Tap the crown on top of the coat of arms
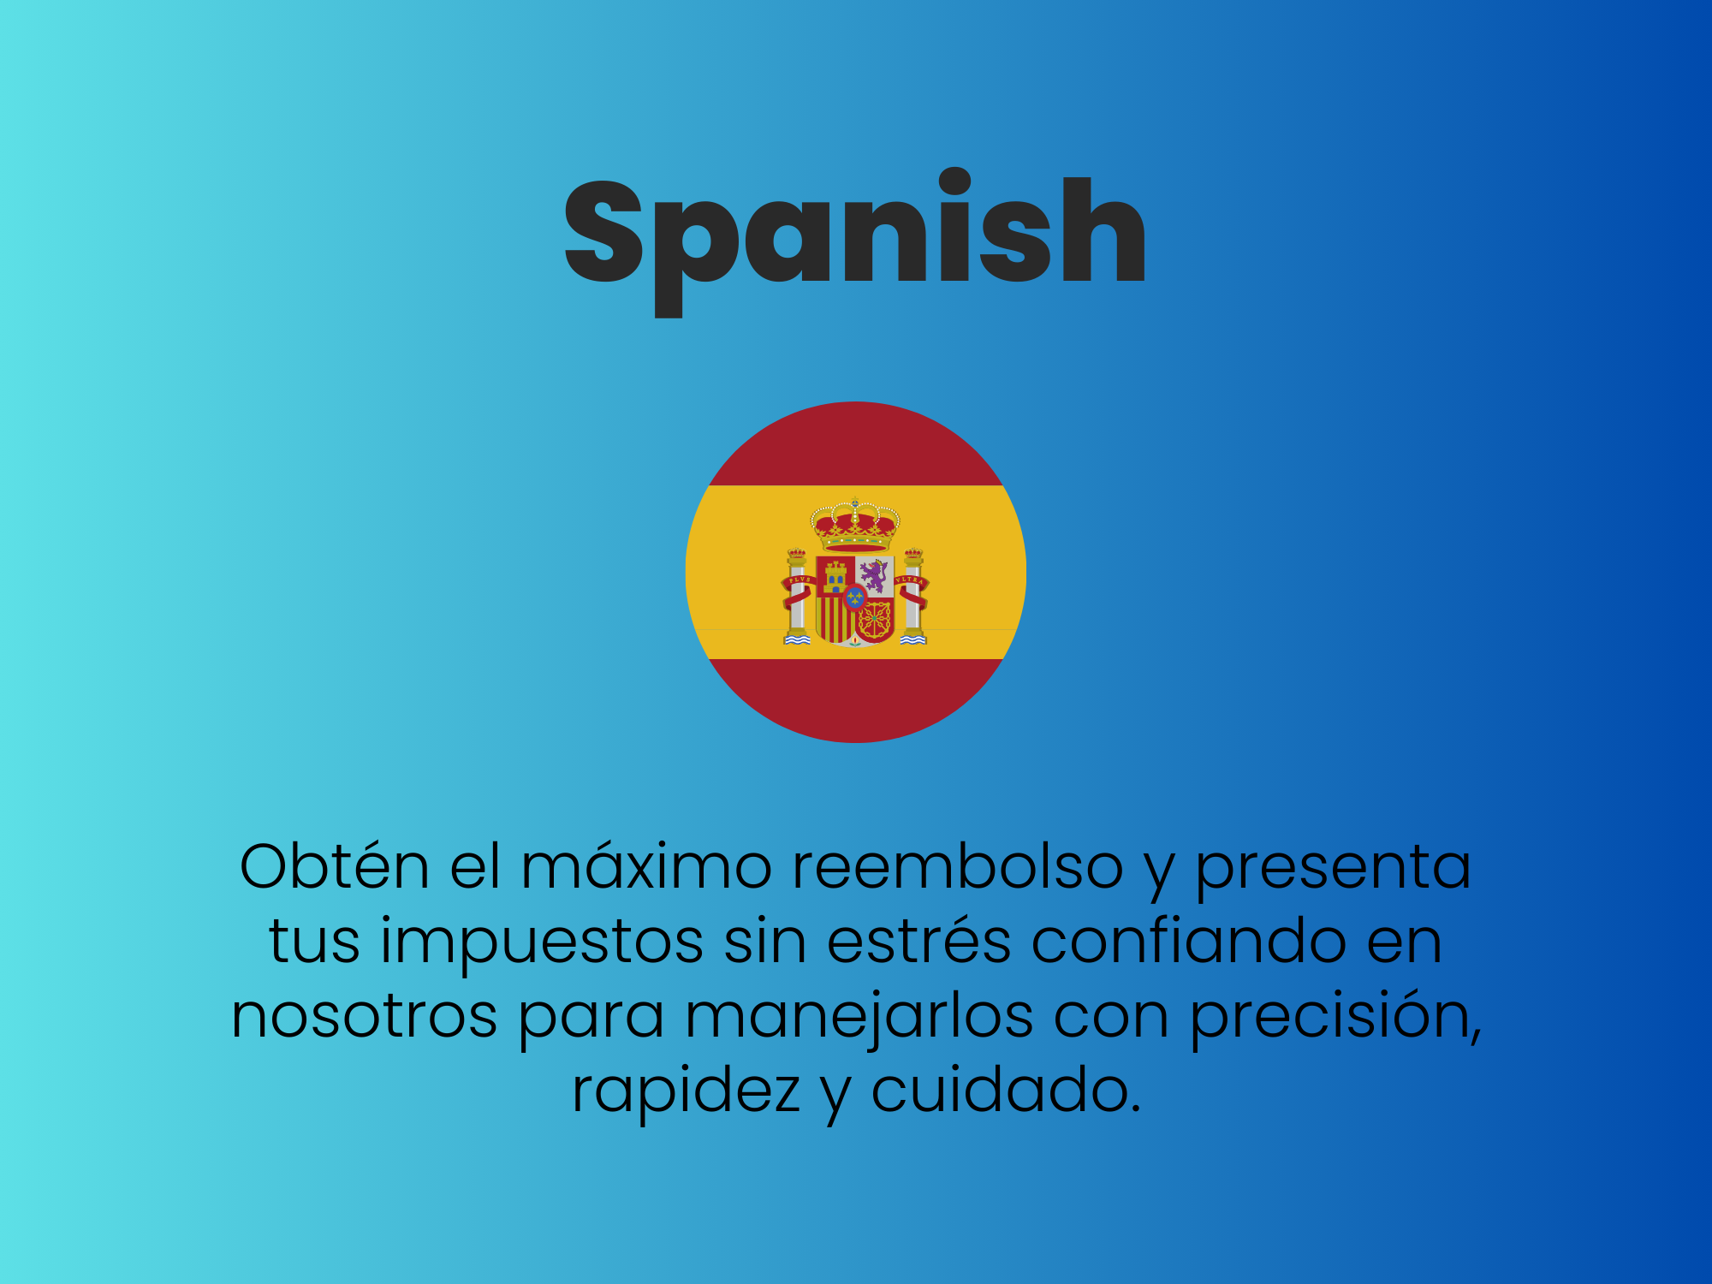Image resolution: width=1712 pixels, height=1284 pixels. click(855, 524)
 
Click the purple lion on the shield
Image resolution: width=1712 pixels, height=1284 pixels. click(875, 575)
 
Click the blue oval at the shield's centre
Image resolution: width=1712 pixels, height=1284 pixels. click(854, 597)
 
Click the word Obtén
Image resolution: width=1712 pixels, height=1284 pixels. click(335, 866)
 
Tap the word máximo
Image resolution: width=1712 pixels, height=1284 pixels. click(647, 866)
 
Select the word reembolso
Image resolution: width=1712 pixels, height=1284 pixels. click(958, 866)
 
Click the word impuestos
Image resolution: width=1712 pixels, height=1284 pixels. click(542, 942)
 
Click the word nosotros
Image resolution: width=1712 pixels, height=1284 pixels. click(365, 1017)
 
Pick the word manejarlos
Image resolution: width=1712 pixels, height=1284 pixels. click(859, 1016)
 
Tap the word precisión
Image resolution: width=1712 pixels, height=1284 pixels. click(1331, 1017)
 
